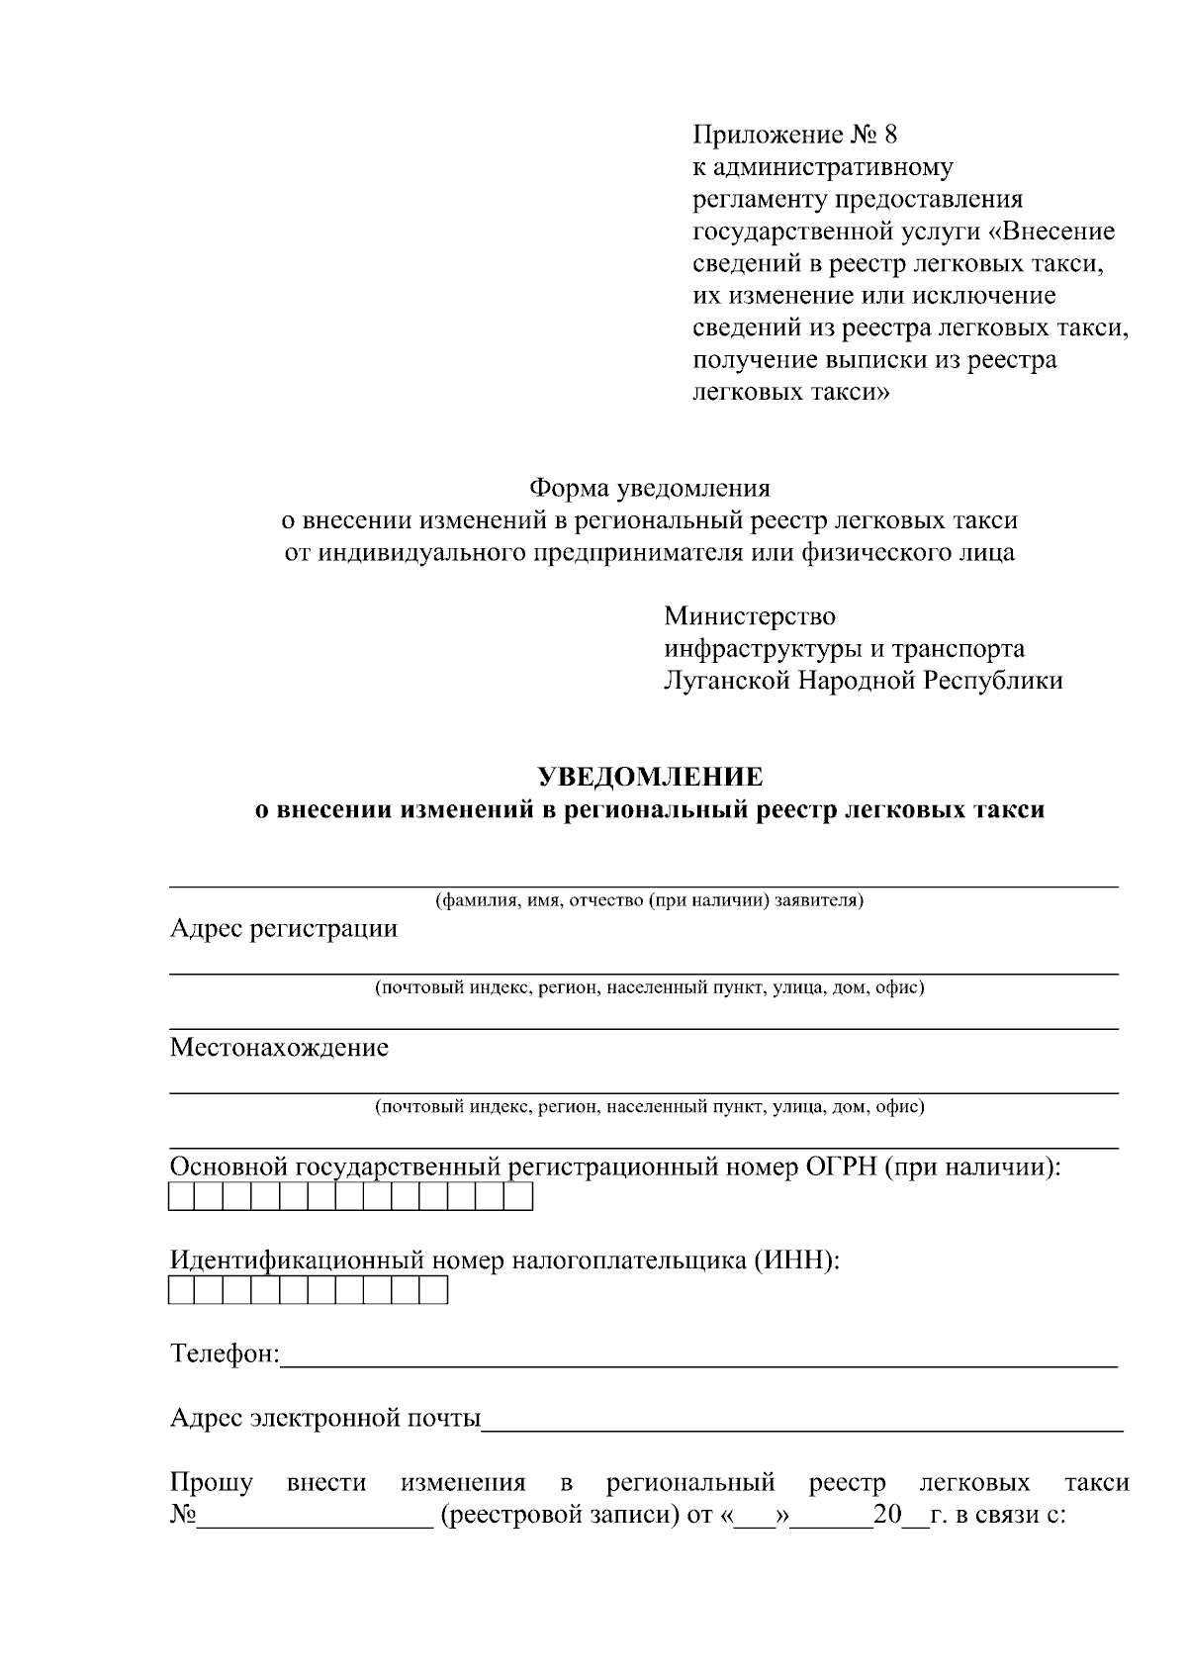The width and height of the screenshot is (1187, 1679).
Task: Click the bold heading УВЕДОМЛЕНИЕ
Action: click(650, 777)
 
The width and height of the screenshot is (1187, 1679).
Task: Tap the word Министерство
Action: click(750, 616)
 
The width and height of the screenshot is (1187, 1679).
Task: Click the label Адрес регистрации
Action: click(284, 929)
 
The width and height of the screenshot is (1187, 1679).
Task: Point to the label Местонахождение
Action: click(279, 1048)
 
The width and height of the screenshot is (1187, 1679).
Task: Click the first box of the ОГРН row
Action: click(182, 1197)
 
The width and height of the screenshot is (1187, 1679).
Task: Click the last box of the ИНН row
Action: click(434, 1291)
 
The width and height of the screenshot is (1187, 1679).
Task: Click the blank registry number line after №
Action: click(315, 1516)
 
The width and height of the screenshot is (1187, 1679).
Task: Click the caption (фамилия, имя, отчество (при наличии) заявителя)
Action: click(650, 901)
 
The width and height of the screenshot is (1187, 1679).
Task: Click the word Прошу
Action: click(212, 1483)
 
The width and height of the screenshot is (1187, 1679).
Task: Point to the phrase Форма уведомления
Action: click(650, 488)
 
